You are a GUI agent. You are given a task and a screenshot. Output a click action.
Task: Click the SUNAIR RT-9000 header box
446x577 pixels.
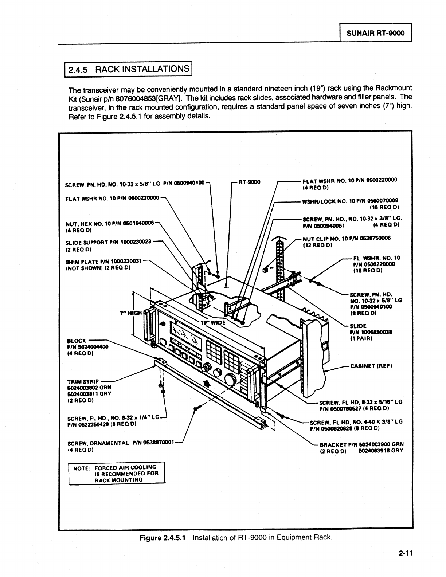pos(375,33)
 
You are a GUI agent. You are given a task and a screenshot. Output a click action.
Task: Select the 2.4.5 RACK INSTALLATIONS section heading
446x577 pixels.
pos(128,69)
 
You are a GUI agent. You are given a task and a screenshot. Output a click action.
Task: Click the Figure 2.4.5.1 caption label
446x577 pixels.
pos(163,538)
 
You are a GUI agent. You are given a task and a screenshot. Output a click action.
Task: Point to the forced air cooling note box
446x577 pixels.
pos(117,473)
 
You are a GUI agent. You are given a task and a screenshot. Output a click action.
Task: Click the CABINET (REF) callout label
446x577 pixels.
pos(371,365)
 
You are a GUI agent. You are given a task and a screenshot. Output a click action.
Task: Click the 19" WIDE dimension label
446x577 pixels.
pos(213,322)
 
